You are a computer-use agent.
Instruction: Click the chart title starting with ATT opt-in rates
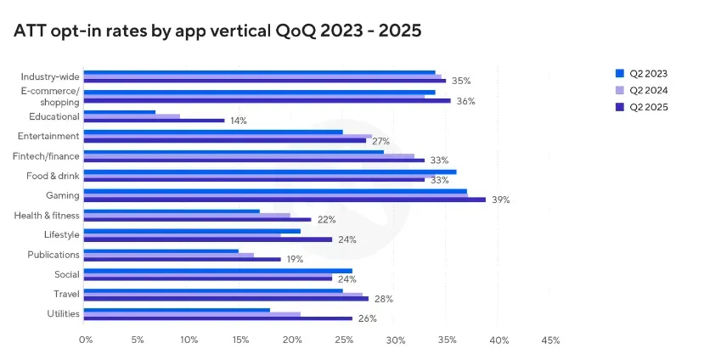[x=217, y=31]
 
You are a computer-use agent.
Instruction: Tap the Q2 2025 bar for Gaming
[x=284, y=200]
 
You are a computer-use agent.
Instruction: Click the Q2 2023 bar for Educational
[x=120, y=112]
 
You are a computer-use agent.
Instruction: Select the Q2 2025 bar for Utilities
[x=217, y=318]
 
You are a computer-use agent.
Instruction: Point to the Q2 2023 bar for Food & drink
[x=269, y=172]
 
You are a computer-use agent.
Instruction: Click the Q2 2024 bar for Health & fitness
[x=187, y=216]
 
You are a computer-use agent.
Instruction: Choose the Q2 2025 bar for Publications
[x=182, y=259]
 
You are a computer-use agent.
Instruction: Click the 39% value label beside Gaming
[x=501, y=200]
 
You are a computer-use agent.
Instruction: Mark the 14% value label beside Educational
[x=238, y=121]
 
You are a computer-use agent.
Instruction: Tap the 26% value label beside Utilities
[x=366, y=319]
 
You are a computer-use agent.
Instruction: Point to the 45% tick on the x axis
[x=549, y=340]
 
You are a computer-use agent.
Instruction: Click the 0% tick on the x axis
[x=86, y=340]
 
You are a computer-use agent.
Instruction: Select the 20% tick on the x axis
[x=292, y=340]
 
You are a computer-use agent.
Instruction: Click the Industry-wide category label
[x=51, y=76]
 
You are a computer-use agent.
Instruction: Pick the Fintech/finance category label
[x=47, y=155]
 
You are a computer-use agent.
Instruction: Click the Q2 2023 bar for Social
[x=217, y=271]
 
